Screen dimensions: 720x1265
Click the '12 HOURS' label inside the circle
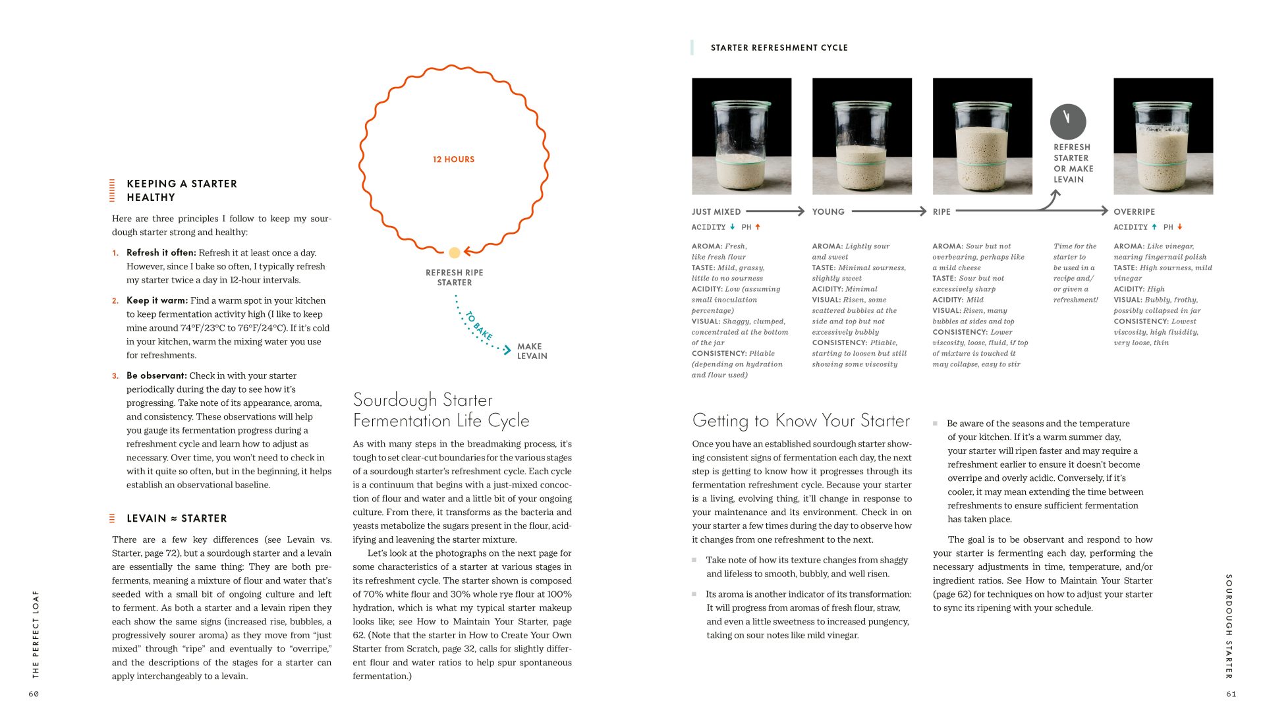tap(453, 159)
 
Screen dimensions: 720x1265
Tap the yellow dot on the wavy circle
tap(454, 252)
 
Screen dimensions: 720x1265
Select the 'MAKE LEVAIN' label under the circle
tap(532, 351)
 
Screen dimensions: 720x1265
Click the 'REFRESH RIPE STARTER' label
tap(454, 277)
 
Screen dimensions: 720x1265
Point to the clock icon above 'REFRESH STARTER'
tap(1067, 121)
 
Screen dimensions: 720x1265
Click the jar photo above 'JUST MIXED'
tap(741, 136)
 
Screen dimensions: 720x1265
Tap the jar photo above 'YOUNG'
tap(862, 136)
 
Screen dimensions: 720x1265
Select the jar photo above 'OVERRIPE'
tap(1163, 136)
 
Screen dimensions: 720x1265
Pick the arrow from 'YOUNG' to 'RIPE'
tap(889, 211)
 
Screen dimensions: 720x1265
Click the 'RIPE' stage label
tap(942, 212)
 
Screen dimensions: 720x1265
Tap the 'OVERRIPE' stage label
tap(1134, 212)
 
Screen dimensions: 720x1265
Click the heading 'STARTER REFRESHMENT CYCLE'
tap(779, 47)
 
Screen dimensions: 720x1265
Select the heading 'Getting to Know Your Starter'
tap(801, 420)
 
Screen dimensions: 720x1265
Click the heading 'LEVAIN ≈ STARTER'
tap(177, 518)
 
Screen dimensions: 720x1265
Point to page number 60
tap(34, 694)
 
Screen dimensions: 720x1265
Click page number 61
tap(1231, 694)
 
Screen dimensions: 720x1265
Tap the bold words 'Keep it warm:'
tap(157, 300)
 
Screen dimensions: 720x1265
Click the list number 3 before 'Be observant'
tap(115, 375)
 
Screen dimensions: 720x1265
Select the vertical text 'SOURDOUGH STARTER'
tap(1228, 626)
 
